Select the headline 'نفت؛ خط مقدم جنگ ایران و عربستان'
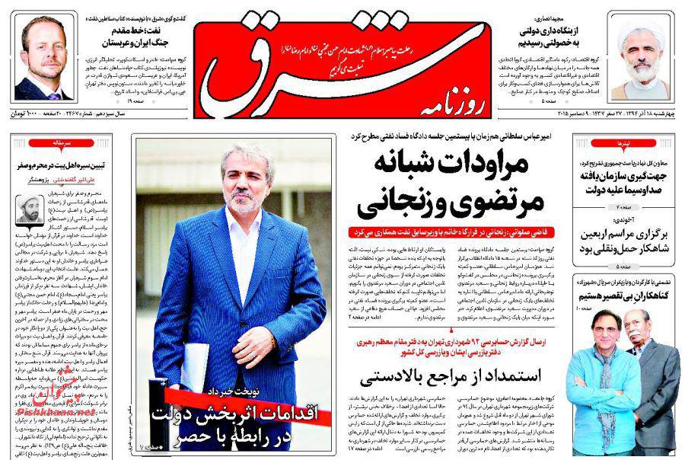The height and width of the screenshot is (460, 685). tap(126, 31)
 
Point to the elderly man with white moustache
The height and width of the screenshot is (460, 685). tap(647, 366)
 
